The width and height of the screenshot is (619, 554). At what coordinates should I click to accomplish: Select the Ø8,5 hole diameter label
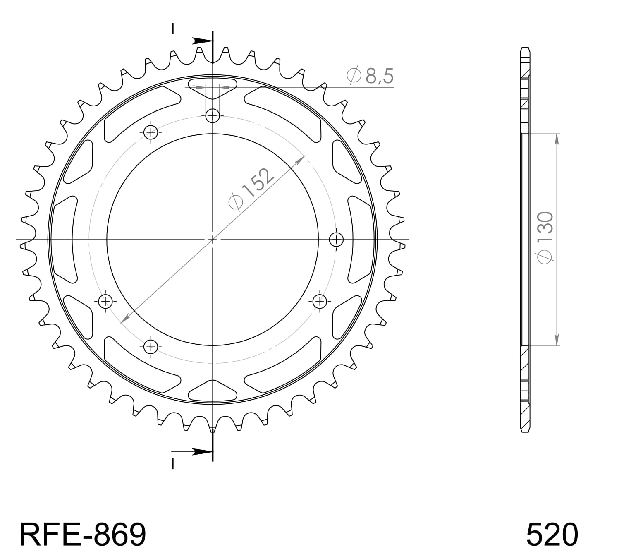[370, 76]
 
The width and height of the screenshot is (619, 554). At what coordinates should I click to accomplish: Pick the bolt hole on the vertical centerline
[213, 116]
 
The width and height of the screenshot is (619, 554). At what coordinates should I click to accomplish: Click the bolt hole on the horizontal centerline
[336, 239]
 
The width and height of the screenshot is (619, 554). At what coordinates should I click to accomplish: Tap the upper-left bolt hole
[151, 132]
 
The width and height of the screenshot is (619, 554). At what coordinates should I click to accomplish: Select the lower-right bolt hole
[320, 301]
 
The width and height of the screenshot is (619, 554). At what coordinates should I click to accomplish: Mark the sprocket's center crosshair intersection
[213, 239]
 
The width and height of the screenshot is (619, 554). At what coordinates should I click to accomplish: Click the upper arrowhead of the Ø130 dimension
[557, 139]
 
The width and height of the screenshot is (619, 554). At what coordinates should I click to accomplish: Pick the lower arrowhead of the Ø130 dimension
[557, 340]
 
